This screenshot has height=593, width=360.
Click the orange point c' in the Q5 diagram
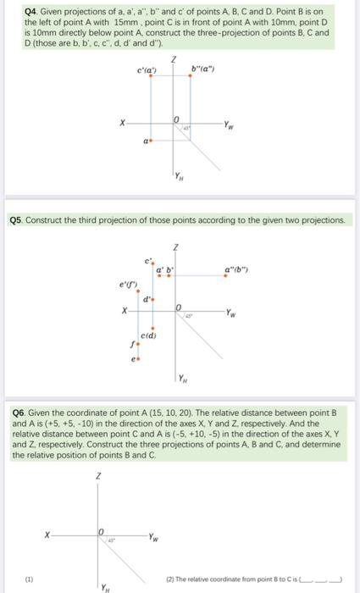pos(153,264)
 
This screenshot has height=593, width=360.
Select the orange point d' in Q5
pos(153,299)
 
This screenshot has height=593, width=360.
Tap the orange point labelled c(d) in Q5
pos(153,329)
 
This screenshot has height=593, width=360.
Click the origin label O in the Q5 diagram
pos(178,308)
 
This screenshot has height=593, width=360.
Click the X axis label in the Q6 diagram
pos(47,534)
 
